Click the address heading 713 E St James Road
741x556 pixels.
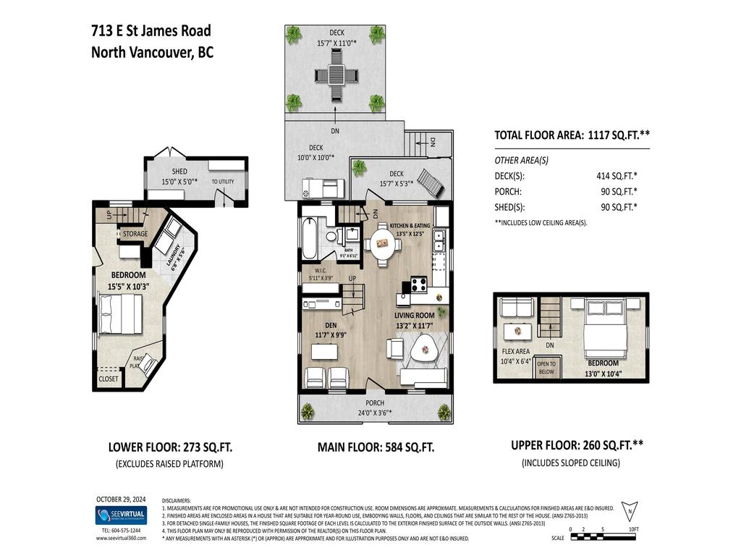pyautogui.click(x=151, y=30)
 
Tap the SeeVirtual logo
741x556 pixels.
pyautogui.click(x=120, y=515)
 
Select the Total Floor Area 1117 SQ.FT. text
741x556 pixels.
pyautogui.click(x=571, y=135)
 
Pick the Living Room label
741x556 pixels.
pyautogui.click(x=414, y=316)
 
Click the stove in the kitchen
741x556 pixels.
pyautogui.click(x=419, y=284)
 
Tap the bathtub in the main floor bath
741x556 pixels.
pyautogui.click(x=309, y=238)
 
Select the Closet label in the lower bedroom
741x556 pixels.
pyautogui.click(x=109, y=379)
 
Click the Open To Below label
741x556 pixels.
pyautogui.click(x=546, y=367)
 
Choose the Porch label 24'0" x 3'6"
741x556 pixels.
pyautogui.click(x=375, y=403)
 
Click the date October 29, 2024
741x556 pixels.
pyautogui.click(x=120, y=499)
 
